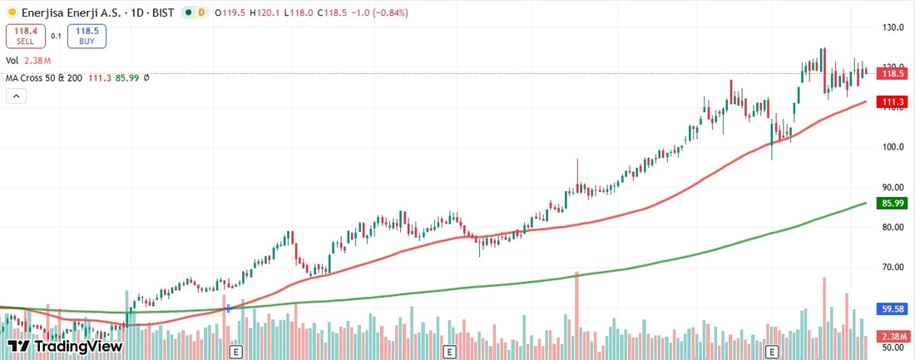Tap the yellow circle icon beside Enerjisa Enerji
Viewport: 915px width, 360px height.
click(10, 13)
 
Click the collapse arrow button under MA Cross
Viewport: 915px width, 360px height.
click(17, 96)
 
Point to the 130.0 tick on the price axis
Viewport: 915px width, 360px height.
click(893, 27)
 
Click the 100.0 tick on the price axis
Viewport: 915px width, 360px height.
click(893, 147)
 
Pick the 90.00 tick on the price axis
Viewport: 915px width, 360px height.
click(893, 187)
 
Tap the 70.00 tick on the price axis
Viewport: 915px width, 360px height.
click(893, 267)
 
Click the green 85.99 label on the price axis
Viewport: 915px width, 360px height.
click(893, 203)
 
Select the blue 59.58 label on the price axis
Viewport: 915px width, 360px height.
click(893, 308)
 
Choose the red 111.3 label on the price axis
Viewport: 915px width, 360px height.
click(893, 102)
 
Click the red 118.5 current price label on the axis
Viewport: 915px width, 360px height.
click(893, 73)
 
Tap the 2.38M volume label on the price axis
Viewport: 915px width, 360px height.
click(893, 336)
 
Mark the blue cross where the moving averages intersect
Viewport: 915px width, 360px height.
click(228, 308)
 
